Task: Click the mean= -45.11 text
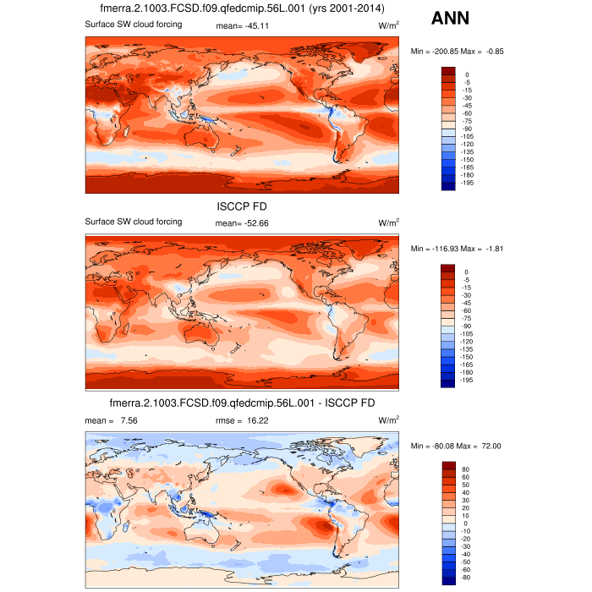[244, 25]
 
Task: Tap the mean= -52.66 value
[244, 222]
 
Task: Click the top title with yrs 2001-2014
[242, 8]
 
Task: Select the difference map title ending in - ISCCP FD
[242, 403]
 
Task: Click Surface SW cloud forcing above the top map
[133, 25]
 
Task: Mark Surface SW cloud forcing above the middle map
[133, 222]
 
